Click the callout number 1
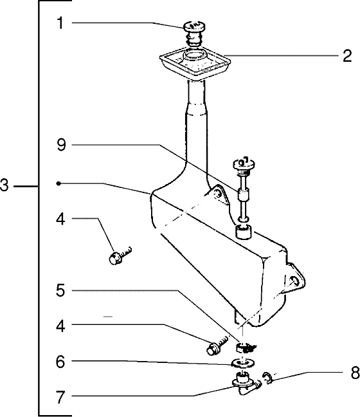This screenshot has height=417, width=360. [60, 23]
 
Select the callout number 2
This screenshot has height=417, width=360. [347, 55]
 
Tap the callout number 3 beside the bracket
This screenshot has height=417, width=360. [4, 185]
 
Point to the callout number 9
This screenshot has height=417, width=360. [61, 145]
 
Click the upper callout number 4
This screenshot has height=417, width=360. [61, 219]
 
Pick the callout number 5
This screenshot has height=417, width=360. [60, 290]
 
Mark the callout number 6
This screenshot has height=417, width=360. [60, 361]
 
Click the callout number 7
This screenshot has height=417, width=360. [60, 397]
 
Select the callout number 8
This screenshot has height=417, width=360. [355, 373]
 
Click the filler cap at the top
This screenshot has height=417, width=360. [194, 33]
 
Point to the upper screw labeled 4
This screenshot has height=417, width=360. [120, 255]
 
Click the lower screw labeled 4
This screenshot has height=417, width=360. [217, 346]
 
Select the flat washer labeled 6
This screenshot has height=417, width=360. [243, 363]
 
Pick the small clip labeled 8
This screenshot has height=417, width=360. [268, 378]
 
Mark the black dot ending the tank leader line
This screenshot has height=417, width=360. [59, 183]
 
